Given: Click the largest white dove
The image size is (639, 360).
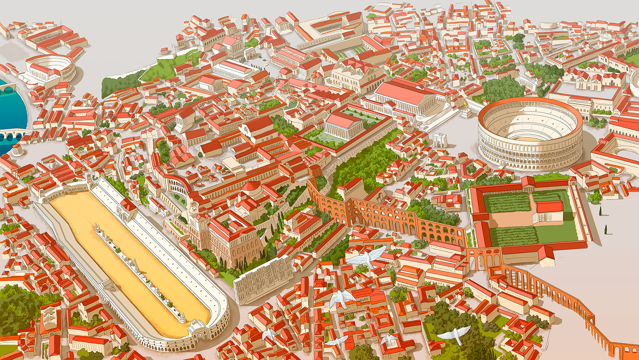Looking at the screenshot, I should point(366,257).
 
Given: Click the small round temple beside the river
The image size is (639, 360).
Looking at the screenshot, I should point(17,150).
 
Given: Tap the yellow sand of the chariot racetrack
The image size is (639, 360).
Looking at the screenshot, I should point(124,263).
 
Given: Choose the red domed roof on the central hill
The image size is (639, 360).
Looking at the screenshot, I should point(252,186).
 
